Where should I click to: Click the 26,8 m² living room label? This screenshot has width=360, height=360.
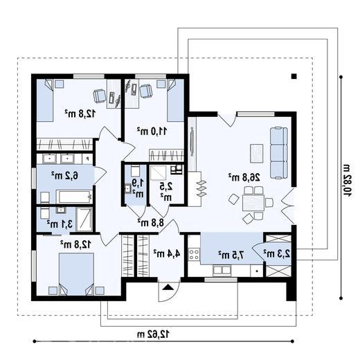pyautogui.click(x=244, y=177)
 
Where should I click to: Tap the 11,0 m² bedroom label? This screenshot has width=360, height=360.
pyautogui.click(x=152, y=131)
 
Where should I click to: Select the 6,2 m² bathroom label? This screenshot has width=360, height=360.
pyautogui.click(x=64, y=175)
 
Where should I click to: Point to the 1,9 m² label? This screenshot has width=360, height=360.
pyautogui.click(x=138, y=188)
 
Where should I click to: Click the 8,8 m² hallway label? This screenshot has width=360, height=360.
pyautogui.click(x=151, y=222)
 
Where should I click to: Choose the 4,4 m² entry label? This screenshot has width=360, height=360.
pyautogui.click(x=167, y=253)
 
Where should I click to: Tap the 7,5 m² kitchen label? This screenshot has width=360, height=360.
pyautogui.click(x=231, y=255)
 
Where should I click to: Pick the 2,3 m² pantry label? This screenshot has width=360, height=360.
pyautogui.click(x=277, y=253)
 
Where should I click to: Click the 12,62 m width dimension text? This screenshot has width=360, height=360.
pyautogui.click(x=153, y=334)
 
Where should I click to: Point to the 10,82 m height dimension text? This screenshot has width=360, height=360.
pyautogui.click(x=347, y=180)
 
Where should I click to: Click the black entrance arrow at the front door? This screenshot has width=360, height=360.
pyautogui.click(x=168, y=287)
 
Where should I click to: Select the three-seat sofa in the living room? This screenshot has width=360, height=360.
pyautogui.click(x=279, y=153)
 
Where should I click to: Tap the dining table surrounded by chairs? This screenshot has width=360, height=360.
pyautogui.click(x=253, y=203)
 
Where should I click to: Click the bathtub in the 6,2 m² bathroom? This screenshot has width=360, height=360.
pyautogui.click(x=74, y=197)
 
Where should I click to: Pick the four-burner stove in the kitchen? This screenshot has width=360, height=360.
pyautogui.click(x=194, y=254)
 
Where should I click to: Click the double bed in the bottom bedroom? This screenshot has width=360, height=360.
pyautogui.click(x=76, y=274)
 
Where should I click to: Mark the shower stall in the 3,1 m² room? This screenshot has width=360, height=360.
pyautogui.click(x=84, y=219)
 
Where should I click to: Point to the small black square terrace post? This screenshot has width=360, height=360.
pyautogui.click(x=294, y=76)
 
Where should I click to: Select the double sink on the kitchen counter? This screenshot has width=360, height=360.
pyautogui.click(x=222, y=270)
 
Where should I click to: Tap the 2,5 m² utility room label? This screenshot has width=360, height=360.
pyautogui.click(x=166, y=191)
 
